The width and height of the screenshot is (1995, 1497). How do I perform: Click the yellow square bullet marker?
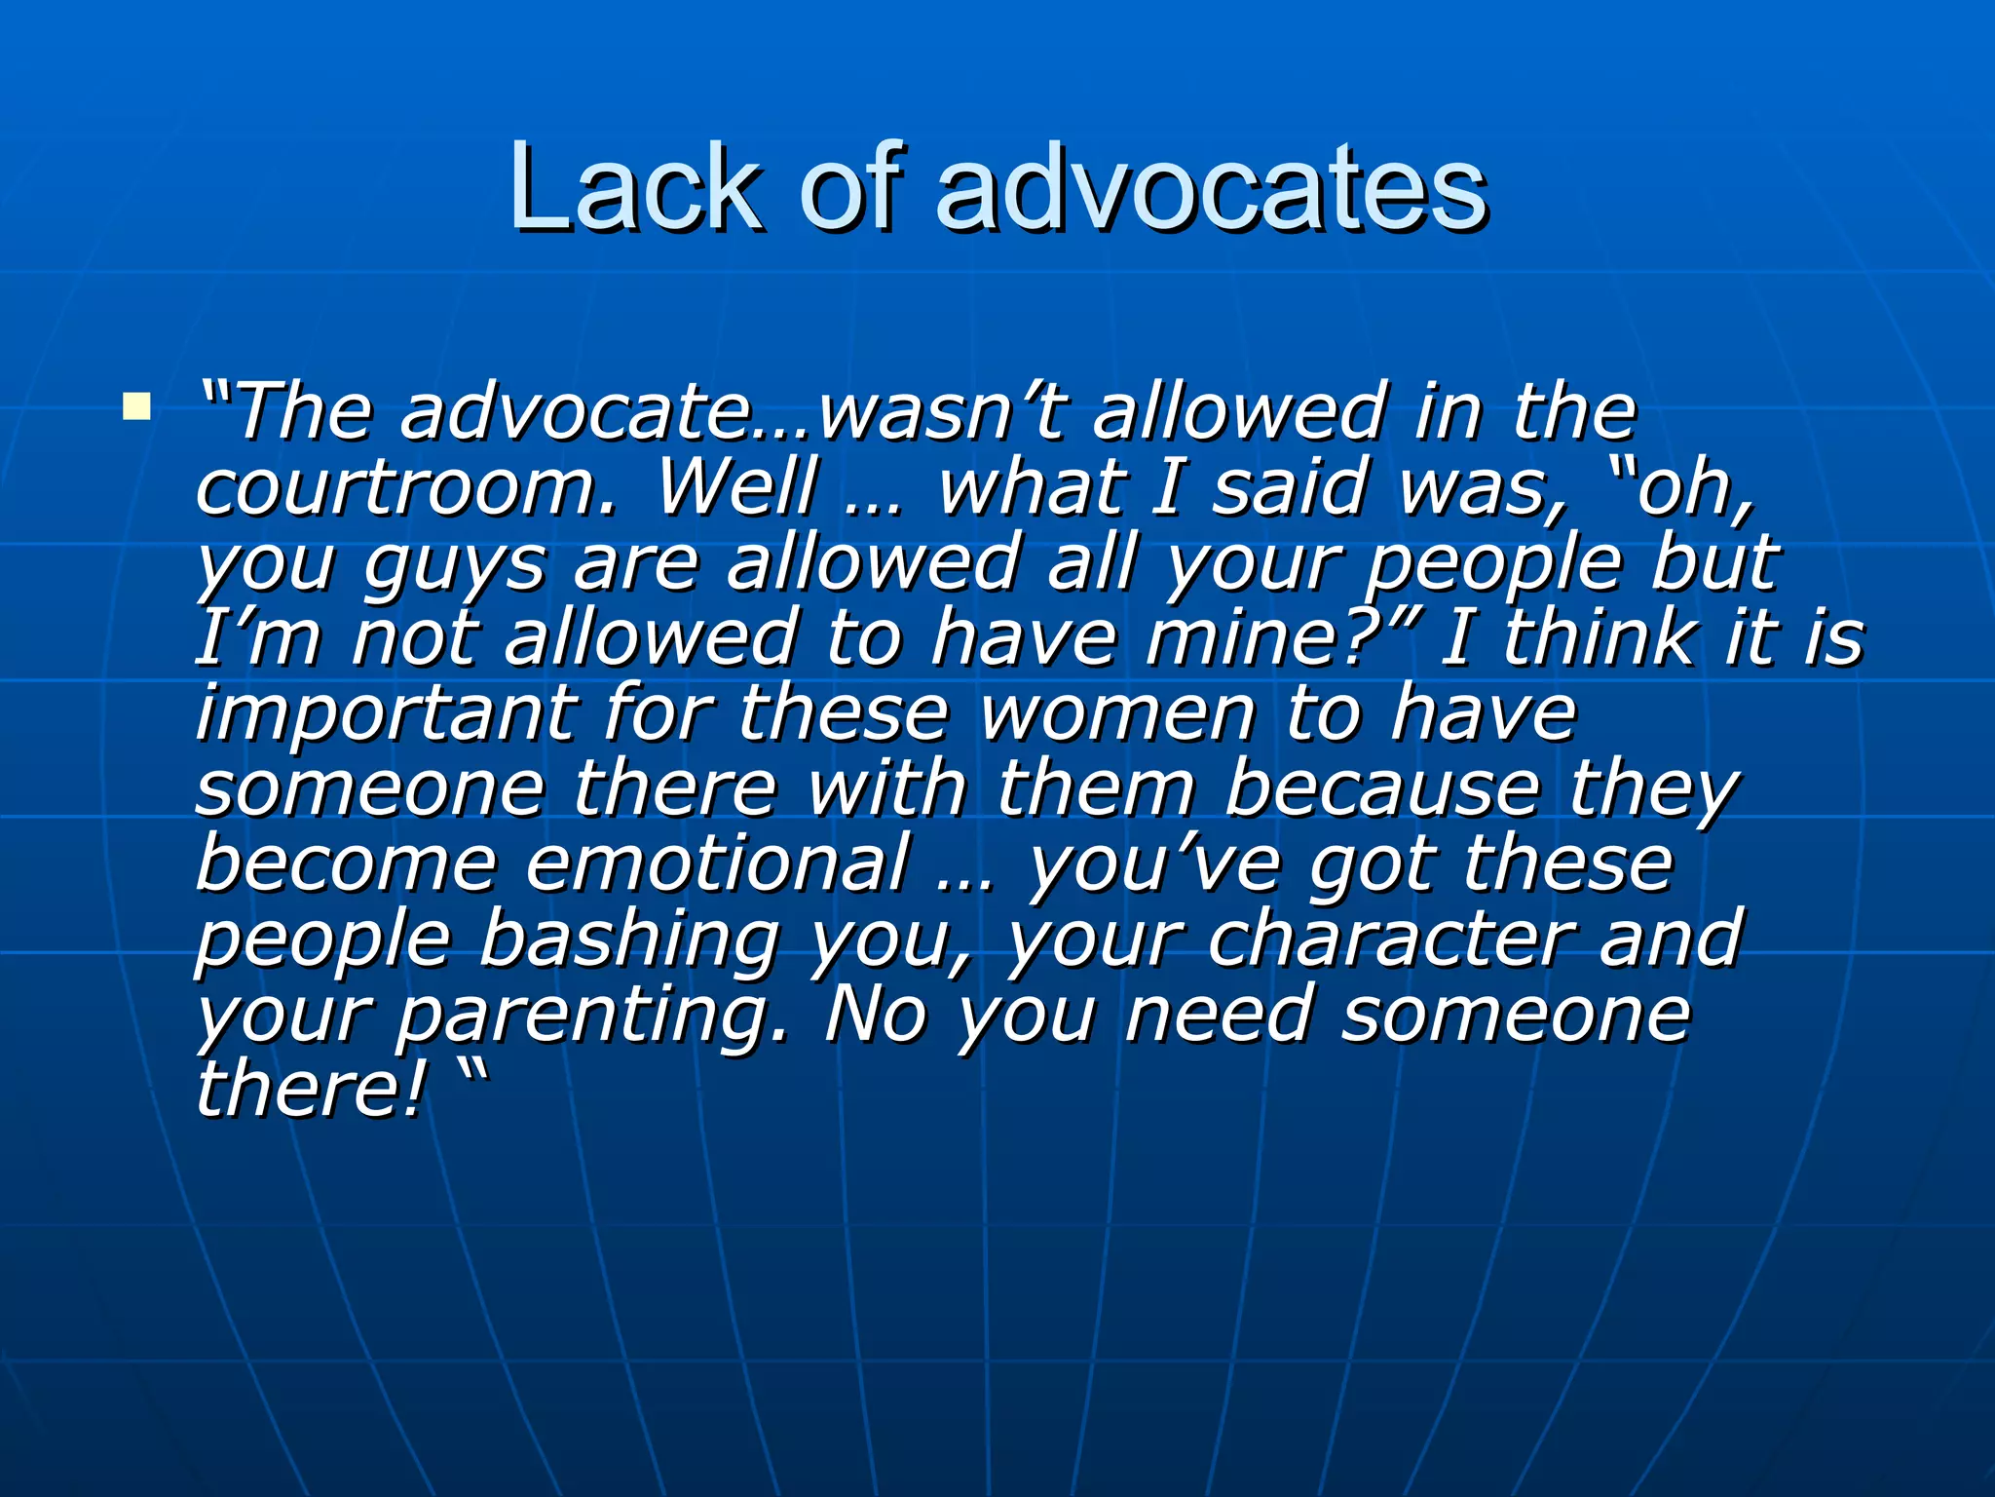click(x=136, y=405)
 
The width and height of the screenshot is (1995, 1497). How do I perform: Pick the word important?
click(x=385, y=712)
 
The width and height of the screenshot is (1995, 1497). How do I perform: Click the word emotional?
click(x=717, y=864)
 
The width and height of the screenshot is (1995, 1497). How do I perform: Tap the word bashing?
click(x=629, y=940)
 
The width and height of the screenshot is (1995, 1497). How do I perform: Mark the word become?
click(x=346, y=864)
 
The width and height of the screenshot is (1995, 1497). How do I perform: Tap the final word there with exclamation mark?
click(x=312, y=1090)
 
